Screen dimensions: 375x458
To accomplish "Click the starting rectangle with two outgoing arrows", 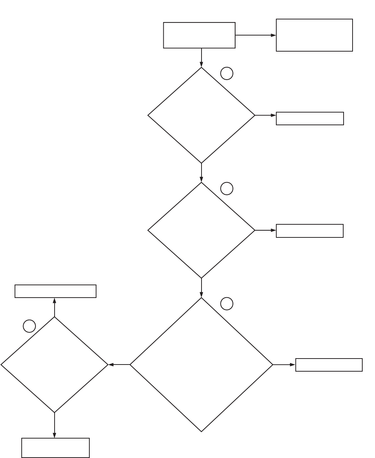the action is tap(199, 35).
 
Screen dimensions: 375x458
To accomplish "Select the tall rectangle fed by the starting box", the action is tap(314, 35).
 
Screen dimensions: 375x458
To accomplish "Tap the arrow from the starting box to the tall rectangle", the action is tap(256, 35).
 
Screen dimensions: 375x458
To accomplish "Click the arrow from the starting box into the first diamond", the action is tap(202, 58).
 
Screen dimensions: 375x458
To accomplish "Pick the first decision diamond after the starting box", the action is tap(202, 115).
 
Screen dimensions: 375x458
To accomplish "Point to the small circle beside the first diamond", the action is tap(227, 73).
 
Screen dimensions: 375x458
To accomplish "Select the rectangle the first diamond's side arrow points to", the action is tap(310, 118).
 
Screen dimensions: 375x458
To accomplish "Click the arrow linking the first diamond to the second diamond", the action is tap(202, 173).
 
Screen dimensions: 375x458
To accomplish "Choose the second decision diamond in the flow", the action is tap(202, 230).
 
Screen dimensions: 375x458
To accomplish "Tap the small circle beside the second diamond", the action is tap(227, 188).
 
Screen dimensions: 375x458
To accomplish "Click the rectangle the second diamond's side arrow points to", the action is tap(310, 231).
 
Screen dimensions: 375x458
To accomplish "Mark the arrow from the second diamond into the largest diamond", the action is tap(202, 288).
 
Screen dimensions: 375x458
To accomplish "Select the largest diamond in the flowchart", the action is tap(202, 364).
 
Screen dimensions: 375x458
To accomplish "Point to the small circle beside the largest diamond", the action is tap(227, 304).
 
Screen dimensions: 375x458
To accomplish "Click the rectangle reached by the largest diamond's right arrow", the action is tap(329, 365).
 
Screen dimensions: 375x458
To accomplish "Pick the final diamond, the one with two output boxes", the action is tap(55, 365).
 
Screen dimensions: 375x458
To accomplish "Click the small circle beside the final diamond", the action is tap(29, 326).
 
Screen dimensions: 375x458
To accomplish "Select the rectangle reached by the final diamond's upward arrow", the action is tap(55, 291).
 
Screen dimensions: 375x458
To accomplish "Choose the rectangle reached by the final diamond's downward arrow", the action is tap(55, 448).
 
